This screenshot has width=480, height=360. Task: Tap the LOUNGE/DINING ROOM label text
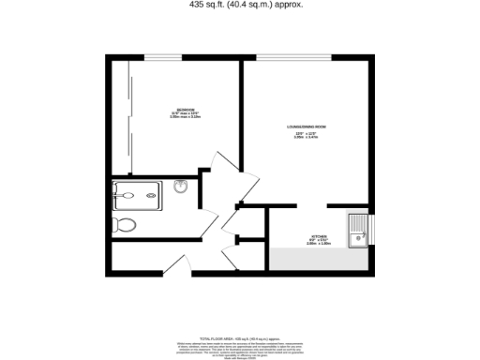[306, 126]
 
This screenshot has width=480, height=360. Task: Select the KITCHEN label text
[319, 235]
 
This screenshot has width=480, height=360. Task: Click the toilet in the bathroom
[123, 224]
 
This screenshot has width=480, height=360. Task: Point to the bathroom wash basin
[182, 187]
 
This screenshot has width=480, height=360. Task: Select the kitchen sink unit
[358, 232]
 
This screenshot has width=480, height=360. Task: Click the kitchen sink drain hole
[357, 239]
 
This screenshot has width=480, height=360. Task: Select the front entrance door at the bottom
[231, 257]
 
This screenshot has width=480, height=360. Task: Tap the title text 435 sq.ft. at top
[240, 6]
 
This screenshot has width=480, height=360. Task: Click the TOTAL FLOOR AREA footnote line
[240, 337]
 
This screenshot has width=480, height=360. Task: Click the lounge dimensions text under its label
[306, 137]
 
